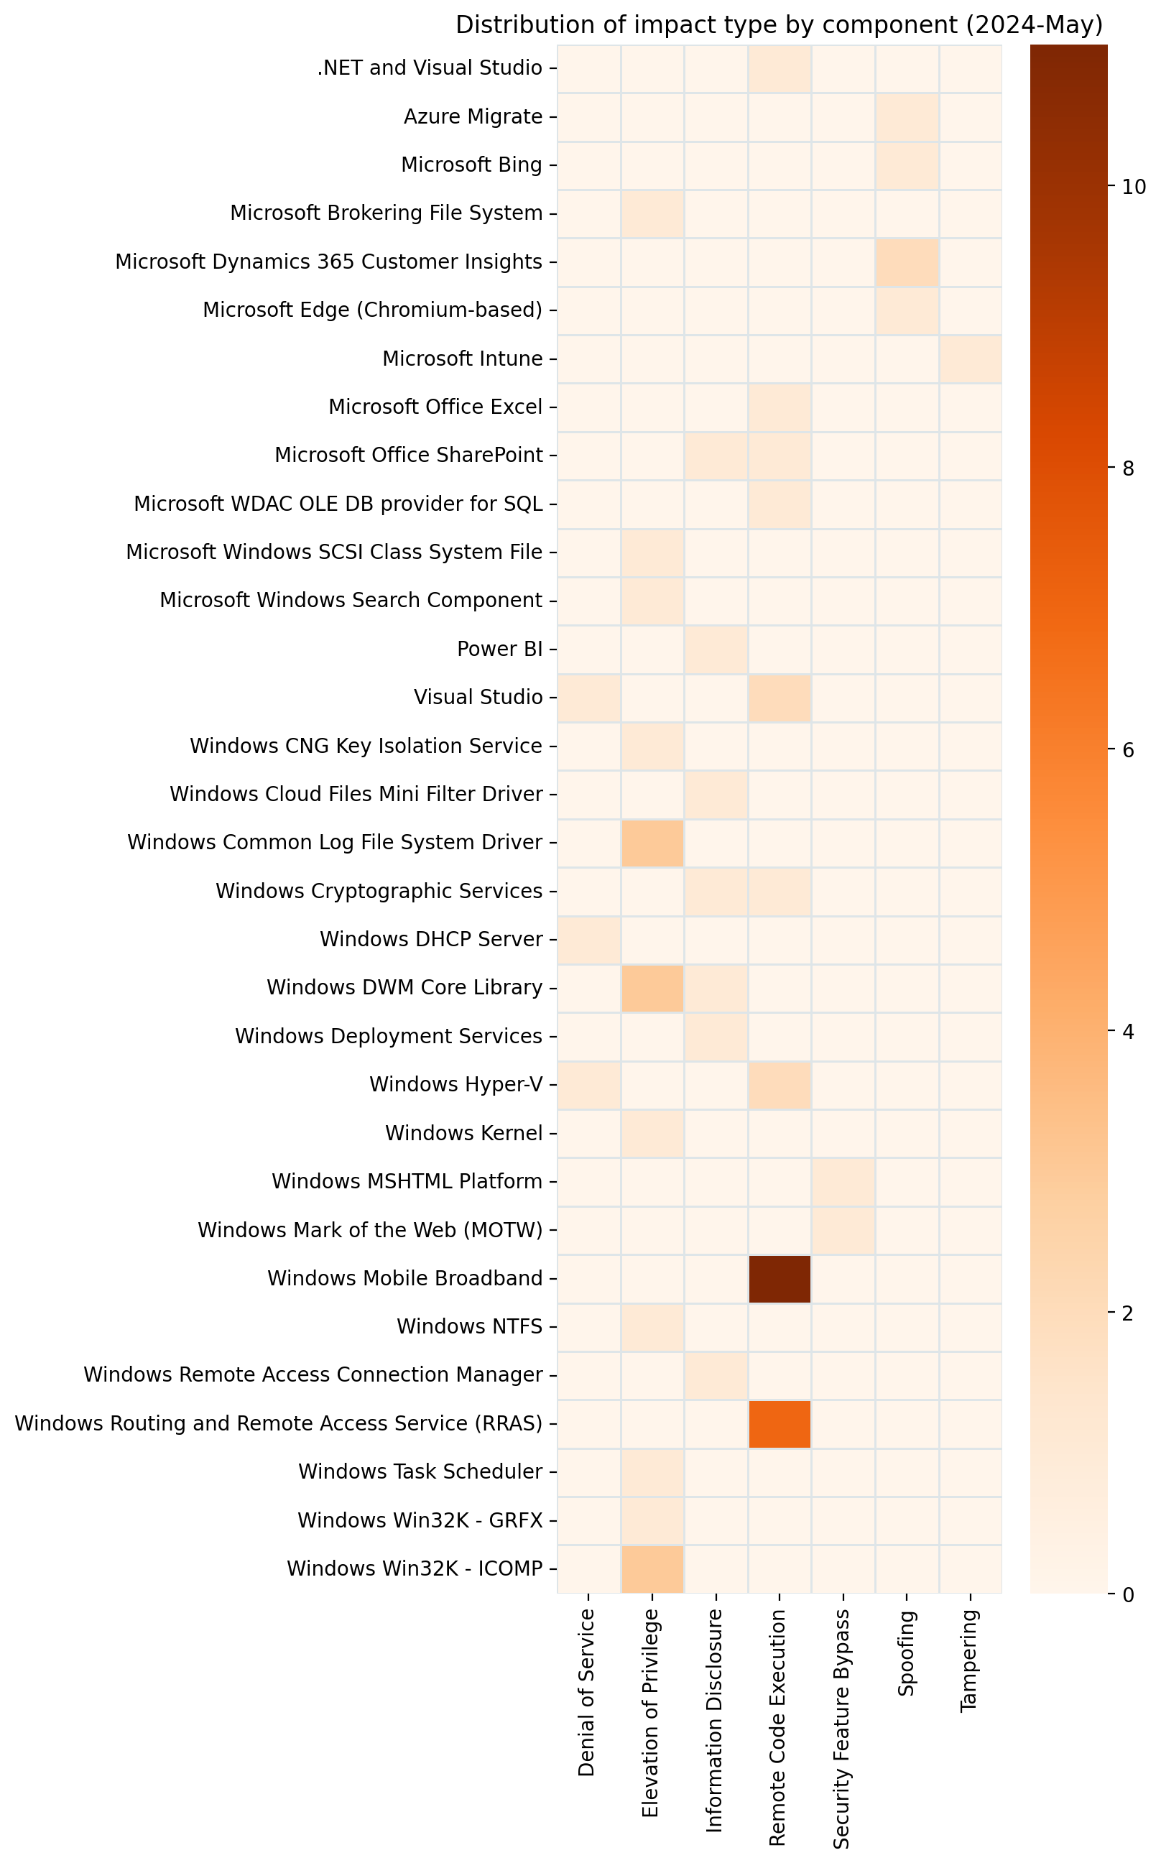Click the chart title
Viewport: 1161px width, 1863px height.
[x=779, y=25]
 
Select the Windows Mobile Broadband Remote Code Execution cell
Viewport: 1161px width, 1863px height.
[x=780, y=1279]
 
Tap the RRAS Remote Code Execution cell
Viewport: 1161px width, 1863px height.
[x=780, y=1424]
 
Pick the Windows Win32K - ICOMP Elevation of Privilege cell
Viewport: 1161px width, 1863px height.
[x=652, y=1568]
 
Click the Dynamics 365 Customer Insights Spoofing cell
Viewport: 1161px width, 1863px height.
[x=907, y=262]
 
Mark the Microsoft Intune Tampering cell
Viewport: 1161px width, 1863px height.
[x=971, y=359]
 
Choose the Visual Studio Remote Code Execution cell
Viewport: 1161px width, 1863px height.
[x=780, y=698]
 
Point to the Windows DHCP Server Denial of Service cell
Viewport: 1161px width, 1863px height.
[x=588, y=939]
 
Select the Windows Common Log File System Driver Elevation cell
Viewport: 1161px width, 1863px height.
[x=652, y=843]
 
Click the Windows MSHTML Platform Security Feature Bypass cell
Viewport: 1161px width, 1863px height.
[x=843, y=1181]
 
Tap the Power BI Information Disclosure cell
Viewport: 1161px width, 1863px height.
[x=716, y=649]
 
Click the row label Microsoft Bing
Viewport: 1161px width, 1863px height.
[x=471, y=165]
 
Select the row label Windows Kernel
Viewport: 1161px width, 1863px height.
[x=464, y=1134]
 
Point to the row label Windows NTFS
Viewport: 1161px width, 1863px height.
[x=469, y=1326]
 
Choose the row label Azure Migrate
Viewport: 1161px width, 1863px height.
[x=473, y=116]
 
